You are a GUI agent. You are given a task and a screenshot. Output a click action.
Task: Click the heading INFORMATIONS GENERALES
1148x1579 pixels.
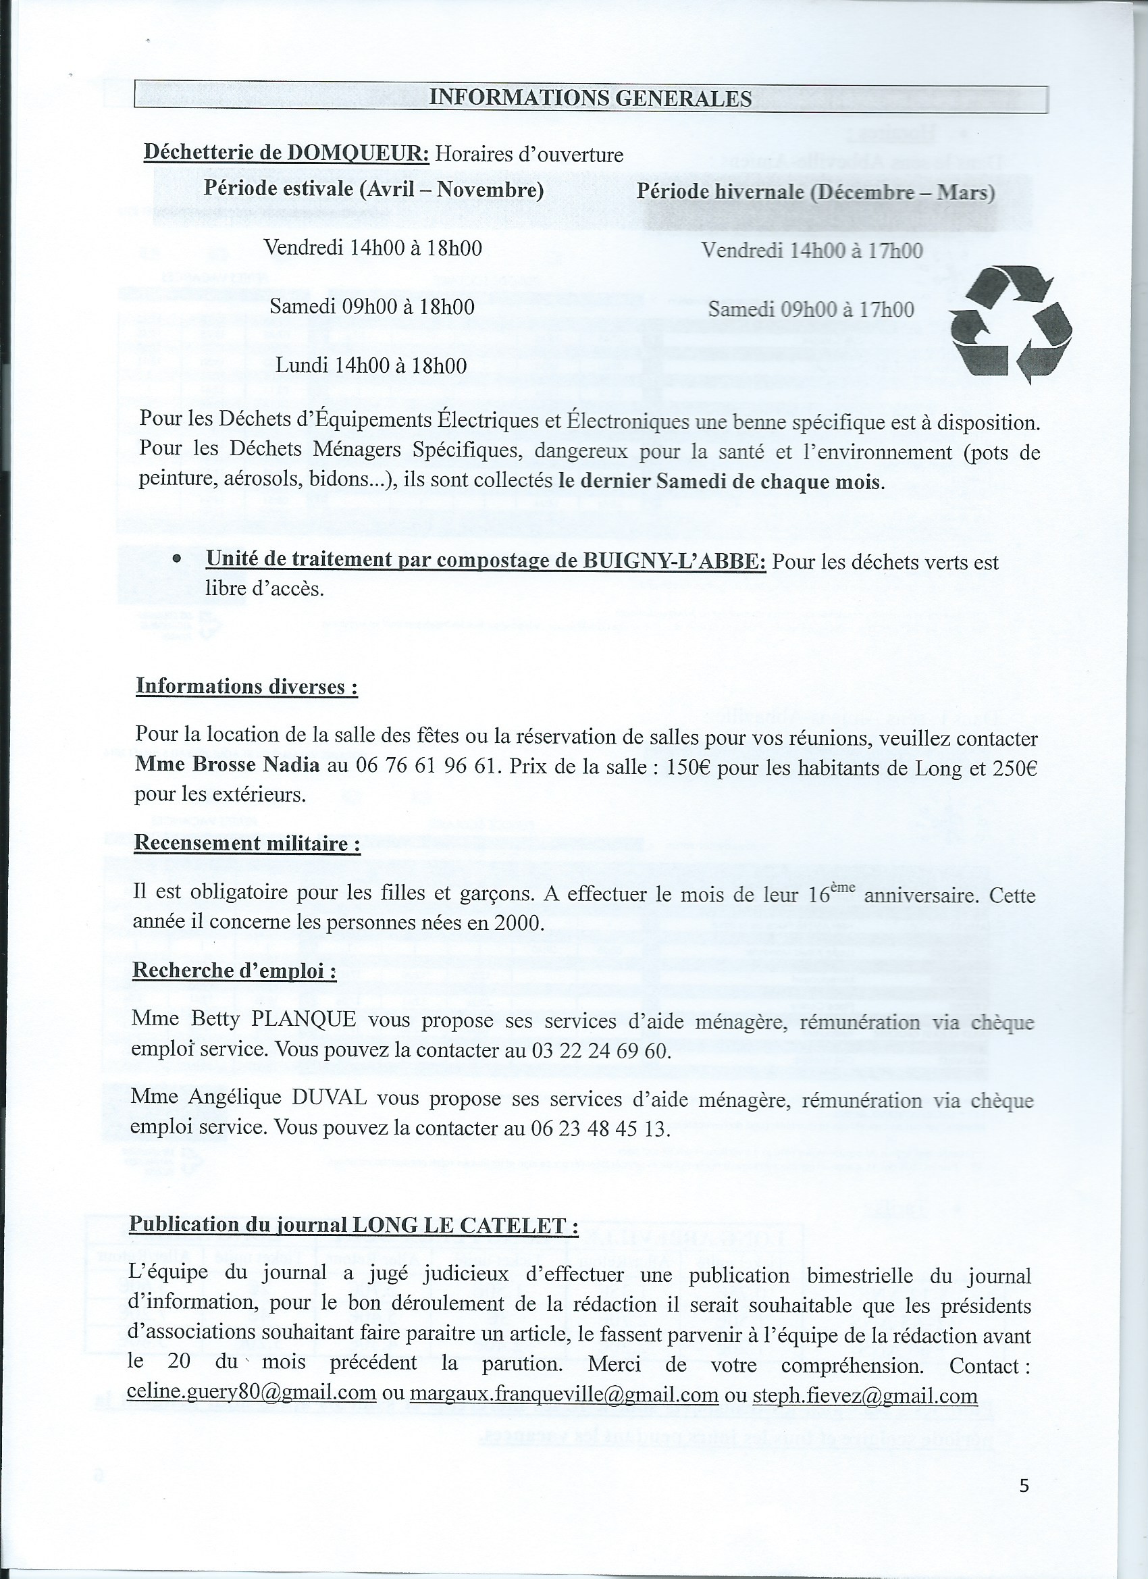590,98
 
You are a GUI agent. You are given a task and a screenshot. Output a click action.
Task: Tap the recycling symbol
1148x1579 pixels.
1011,324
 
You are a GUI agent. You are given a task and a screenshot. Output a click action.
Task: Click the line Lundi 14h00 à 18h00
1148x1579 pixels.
371,365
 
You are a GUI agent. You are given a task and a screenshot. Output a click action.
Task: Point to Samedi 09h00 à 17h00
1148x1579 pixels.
811,309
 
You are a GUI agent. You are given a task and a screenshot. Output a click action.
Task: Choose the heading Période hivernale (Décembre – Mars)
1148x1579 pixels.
815,192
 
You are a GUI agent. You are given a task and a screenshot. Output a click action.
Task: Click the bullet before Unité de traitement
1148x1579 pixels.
178,559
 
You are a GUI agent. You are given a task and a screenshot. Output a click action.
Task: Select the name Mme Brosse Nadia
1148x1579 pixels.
227,765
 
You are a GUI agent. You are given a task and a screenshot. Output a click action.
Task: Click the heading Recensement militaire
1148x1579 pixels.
246,843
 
